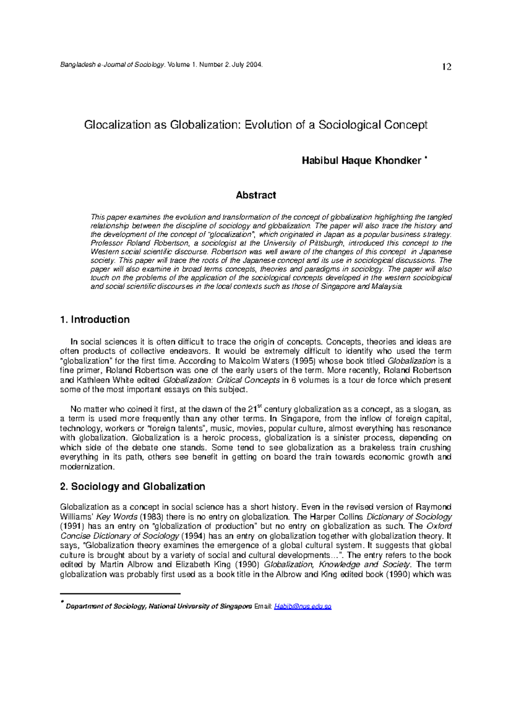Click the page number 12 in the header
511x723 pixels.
point(447,67)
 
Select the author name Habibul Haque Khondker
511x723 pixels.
point(362,161)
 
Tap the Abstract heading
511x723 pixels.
point(256,195)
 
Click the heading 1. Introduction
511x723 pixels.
point(95,320)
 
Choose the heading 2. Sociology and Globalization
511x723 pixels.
point(133,487)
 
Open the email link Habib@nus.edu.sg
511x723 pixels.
point(303,606)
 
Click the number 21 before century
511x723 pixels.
point(252,410)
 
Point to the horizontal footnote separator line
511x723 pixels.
point(121,594)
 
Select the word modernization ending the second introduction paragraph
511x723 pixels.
point(87,467)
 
